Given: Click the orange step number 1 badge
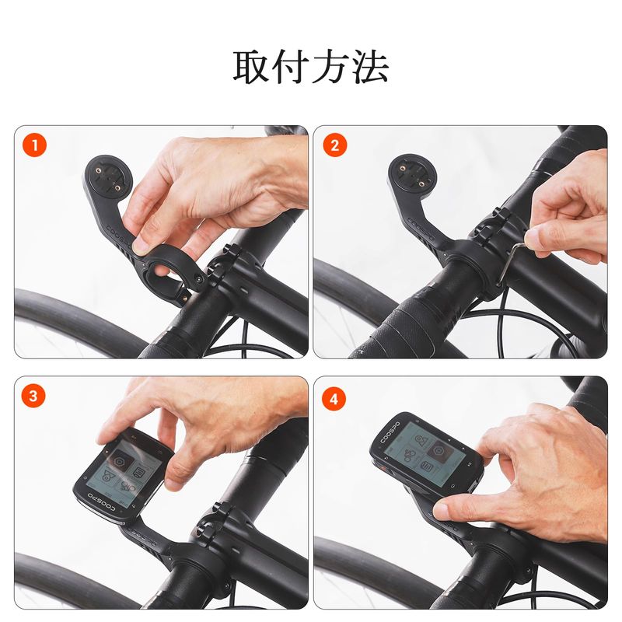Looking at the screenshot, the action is (34, 145).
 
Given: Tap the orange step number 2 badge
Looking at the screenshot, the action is (334, 145).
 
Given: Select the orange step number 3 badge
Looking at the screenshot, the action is (33, 396).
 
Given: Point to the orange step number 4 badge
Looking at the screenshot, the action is (334, 399).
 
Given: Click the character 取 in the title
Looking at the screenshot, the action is (251, 67).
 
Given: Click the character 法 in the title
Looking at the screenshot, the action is (370, 67).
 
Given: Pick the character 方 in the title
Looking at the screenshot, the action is (331, 67).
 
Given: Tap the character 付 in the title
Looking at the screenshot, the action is (291, 67).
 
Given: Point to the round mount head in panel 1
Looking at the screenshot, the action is (108, 178).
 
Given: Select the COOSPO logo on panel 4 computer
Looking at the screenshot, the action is (390, 433).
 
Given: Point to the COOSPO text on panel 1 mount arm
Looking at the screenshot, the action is (118, 236).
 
